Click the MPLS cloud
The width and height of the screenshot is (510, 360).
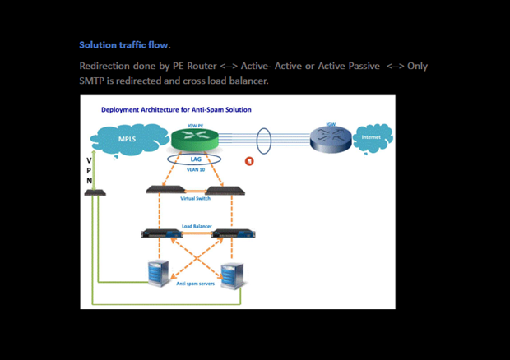(128, 139)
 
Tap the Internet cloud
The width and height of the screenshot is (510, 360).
(372, 137)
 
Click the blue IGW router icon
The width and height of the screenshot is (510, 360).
(331, 138)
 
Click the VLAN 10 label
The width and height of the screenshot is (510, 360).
(195, 170)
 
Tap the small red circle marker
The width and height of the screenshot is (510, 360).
(250, 160)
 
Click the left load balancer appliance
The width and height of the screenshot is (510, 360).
(160, 233)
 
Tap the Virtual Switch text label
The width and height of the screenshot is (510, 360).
(195, 199)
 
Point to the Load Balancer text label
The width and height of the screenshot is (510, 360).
(195, 224)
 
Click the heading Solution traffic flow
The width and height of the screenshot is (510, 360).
(124, 44)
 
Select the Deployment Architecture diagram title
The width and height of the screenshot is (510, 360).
(176, 109)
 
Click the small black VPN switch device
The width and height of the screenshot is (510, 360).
(95, 192)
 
